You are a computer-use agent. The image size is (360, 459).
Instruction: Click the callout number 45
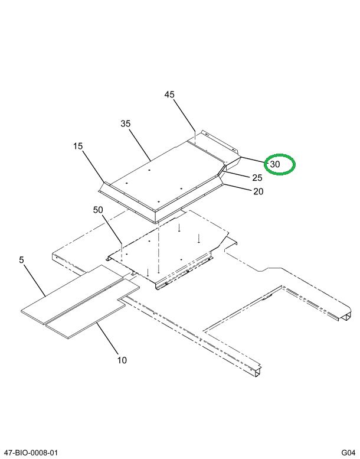169,95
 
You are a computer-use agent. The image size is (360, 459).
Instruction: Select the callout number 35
125,123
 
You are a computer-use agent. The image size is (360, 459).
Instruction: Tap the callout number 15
78,146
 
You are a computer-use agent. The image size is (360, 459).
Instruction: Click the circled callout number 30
275,164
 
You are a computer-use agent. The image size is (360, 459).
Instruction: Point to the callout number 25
257,178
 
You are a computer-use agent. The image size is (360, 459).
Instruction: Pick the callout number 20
258,191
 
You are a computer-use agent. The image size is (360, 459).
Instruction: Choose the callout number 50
98,210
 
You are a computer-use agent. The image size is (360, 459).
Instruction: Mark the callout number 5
22,259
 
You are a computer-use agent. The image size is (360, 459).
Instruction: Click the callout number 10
122,360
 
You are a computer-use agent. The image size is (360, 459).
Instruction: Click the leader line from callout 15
93,167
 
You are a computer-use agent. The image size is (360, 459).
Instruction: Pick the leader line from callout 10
109,337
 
